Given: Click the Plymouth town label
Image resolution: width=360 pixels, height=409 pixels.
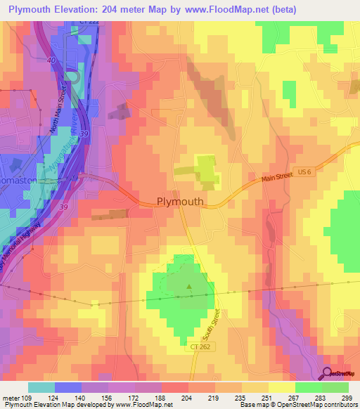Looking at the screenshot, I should coord(179,202).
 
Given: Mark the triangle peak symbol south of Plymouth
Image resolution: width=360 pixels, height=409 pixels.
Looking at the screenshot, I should coord(188,286).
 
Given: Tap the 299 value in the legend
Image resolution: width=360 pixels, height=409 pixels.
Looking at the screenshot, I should coord(347,398).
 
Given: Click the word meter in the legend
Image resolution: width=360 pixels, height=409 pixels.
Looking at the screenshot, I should coord(9,398).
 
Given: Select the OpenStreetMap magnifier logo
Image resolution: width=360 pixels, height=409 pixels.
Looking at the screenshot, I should coord(328,373).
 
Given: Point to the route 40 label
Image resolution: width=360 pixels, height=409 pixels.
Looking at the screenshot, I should coord(51,60).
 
